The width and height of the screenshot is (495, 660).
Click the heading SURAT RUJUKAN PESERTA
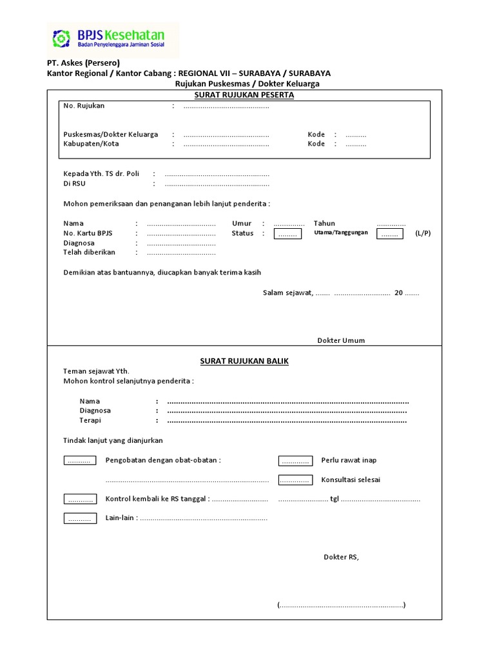pos(244,95)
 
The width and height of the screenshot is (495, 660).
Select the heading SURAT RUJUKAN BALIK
pos(244,361)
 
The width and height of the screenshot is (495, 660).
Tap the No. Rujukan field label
pos(84,106)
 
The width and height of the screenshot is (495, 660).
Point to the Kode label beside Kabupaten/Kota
pos(316,144)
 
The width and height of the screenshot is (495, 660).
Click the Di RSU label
pos(74,184)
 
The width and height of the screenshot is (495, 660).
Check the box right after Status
pos(287,234)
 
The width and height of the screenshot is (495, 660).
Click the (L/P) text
pos(423,233)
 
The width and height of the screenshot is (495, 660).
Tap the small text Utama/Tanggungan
pos(341,233)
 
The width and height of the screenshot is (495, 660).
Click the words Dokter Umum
pos(341,340)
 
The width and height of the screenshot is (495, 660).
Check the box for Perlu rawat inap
pos(295,461)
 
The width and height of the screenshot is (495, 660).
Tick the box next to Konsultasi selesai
pos(295,480)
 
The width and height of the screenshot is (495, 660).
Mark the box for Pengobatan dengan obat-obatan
pos(80,461)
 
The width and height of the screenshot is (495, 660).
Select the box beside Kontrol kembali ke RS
pos(80,500)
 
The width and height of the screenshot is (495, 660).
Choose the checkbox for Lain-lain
pos(80,518)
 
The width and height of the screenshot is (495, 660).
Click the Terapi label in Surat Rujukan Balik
pos(91,420)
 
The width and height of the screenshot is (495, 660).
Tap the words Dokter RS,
pos(341,557)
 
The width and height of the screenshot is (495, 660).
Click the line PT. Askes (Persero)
pos(83,63)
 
